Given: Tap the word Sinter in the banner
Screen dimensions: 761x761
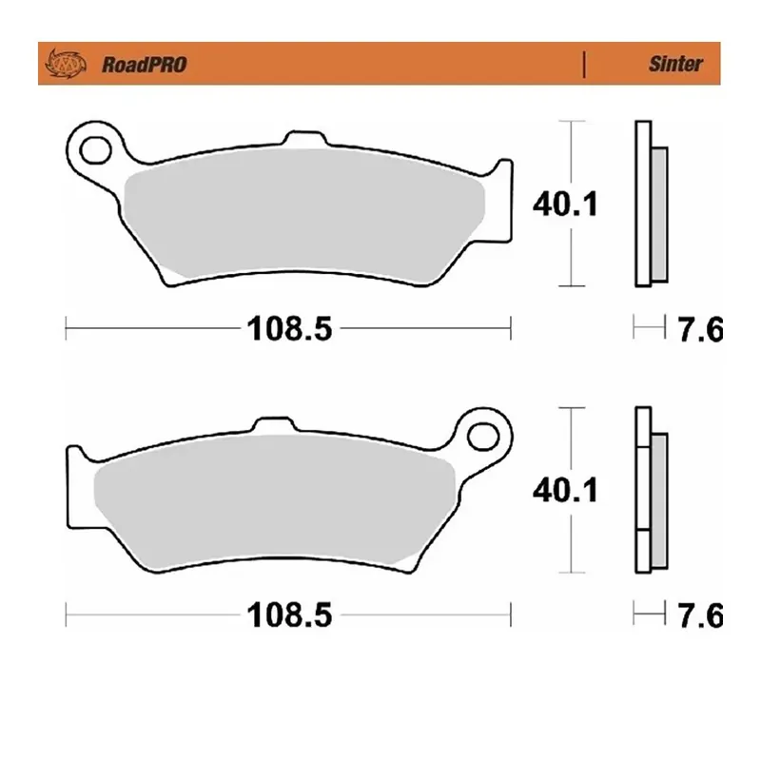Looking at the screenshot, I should [x=675, y=65].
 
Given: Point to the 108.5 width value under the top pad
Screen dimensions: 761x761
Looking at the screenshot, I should [x=288, y=329].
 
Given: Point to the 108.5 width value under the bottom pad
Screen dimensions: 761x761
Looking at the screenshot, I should [x=288, y=615].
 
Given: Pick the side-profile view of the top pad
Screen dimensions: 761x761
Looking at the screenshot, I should [x=649, y=204].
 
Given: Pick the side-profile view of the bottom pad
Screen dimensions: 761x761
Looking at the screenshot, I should [x=649, y=490].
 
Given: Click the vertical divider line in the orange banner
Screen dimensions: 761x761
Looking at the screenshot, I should [x=583, y=65].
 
